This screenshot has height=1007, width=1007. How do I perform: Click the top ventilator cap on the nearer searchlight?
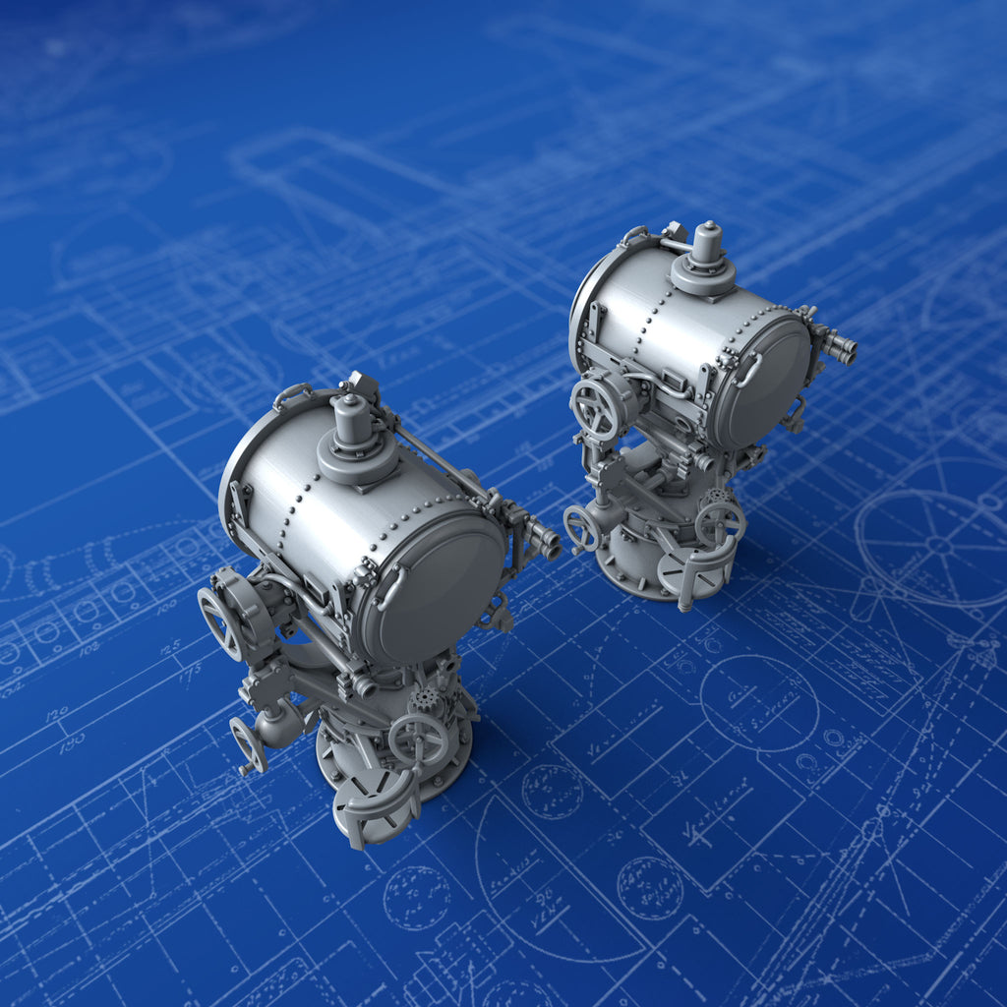coord(350,420)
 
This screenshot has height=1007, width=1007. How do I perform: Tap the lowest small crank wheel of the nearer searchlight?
coord(248,745)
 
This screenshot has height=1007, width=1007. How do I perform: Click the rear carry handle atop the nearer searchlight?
coord(292,394)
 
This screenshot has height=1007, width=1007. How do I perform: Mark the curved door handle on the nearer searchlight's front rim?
coord(390,588)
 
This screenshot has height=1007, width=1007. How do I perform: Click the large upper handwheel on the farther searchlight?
coord(594,407)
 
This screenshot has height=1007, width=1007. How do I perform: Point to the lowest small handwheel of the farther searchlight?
coord(581,528)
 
